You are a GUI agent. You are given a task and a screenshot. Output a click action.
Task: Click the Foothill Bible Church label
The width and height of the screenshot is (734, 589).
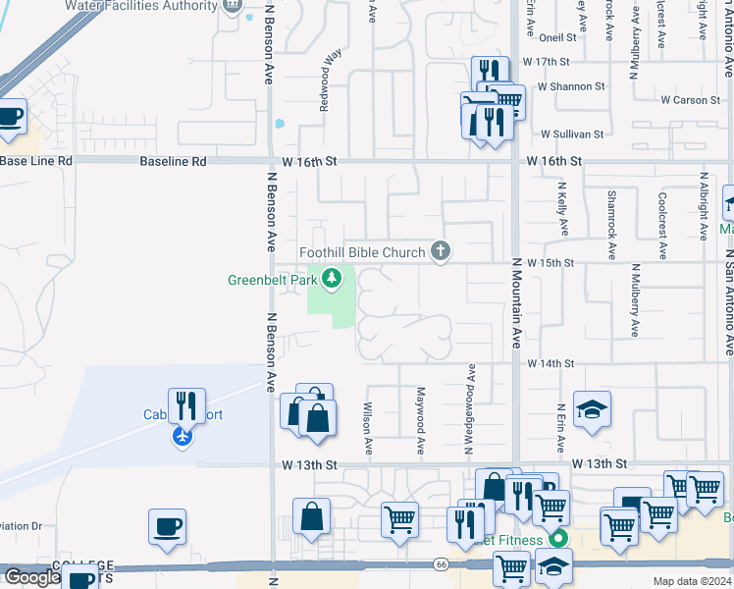362,253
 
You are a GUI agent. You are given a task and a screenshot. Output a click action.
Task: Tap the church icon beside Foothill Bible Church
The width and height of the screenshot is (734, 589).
441,252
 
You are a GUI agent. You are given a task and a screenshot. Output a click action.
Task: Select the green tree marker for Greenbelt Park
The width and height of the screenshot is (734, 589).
333,280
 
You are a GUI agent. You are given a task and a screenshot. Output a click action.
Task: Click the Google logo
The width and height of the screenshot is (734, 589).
31,577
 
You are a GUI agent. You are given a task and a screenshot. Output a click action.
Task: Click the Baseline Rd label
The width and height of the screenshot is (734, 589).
173,160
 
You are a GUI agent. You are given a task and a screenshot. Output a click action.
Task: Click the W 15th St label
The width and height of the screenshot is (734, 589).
550,263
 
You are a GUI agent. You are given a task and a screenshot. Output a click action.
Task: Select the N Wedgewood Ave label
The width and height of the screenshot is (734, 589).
470,409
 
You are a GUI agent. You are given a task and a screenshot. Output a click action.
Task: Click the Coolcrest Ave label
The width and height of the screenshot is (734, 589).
663,226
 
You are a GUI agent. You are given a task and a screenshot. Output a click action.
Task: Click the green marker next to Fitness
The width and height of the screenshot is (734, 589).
559,538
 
